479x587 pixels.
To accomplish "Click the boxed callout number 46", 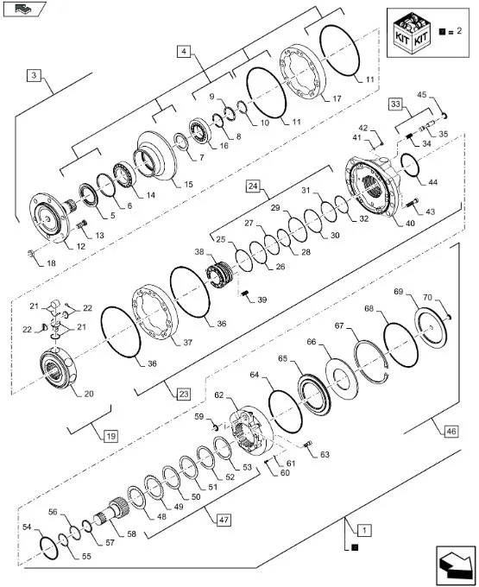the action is [451, 432].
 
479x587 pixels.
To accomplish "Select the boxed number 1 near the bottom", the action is [364, 531].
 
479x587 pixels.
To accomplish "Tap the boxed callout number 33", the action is [395, 104].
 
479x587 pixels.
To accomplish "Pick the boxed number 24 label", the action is [254, 186].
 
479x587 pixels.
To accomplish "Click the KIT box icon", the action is [411, 34].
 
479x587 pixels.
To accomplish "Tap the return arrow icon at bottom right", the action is [455, 565].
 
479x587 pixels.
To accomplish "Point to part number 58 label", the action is [131, 533].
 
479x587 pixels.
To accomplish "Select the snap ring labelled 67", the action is [371, 361].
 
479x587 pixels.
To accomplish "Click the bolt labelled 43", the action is [412, 203].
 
